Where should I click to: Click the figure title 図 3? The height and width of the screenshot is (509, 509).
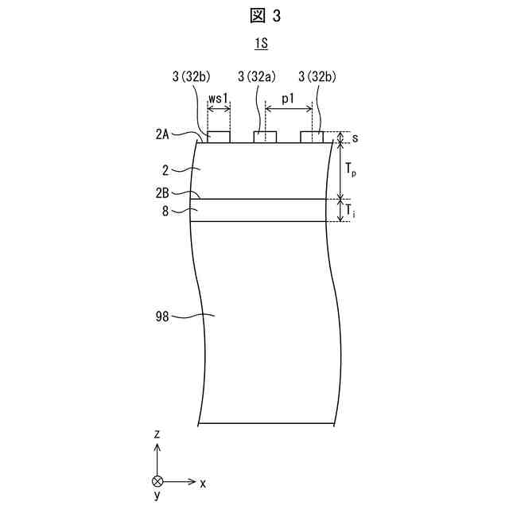(255, 15)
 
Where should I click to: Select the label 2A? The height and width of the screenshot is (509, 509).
(164, 136)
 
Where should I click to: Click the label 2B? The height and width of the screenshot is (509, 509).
(164, 193)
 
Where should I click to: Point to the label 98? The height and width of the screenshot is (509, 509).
(163, 317)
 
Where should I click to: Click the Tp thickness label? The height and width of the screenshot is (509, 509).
(352, 169)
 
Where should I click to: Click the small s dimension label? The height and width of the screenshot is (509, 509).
(355, 138)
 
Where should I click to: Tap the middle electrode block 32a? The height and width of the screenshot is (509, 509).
(265, 138)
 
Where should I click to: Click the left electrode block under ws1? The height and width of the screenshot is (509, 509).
(218, 138)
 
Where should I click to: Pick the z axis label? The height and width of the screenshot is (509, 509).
(157, 434)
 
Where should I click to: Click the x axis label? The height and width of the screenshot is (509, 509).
(204, 482)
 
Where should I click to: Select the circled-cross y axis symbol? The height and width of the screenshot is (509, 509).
(157, 482)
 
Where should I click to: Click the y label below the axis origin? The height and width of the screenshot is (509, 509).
(157, 496)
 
